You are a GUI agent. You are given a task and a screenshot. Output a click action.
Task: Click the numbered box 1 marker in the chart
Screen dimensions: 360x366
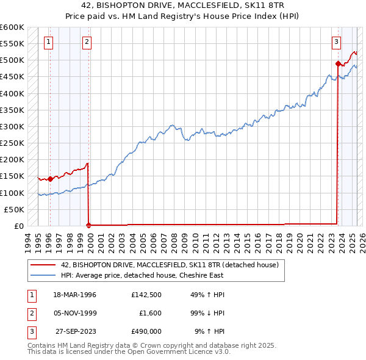pyautogui.click(x=48, y=42)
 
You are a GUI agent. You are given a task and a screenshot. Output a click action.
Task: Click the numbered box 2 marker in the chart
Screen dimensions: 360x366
pyautogui.click(x=87, y=42)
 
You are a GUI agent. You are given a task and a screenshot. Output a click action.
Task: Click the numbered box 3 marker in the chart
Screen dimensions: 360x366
pyautogui.click(x=336, y=42)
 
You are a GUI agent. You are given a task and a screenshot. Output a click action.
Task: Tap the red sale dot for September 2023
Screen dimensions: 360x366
pyautogui.click(x=338, y=63)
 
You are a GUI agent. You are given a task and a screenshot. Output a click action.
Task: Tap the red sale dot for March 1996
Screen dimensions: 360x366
pyautogui.click(x=50, y=179)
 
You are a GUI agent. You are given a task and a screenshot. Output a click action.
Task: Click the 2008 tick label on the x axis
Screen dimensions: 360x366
pyautogui.click(x=175, y=238)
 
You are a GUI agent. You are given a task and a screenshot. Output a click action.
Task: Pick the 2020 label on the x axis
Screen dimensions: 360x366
pyautogui.click(x=300, y=238)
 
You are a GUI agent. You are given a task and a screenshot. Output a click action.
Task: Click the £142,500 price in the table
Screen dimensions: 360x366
pyautogui.click(x=146, y=295)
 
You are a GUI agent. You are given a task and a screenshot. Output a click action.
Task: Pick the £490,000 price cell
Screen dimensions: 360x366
pyautogui.click(x=146, y=332)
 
